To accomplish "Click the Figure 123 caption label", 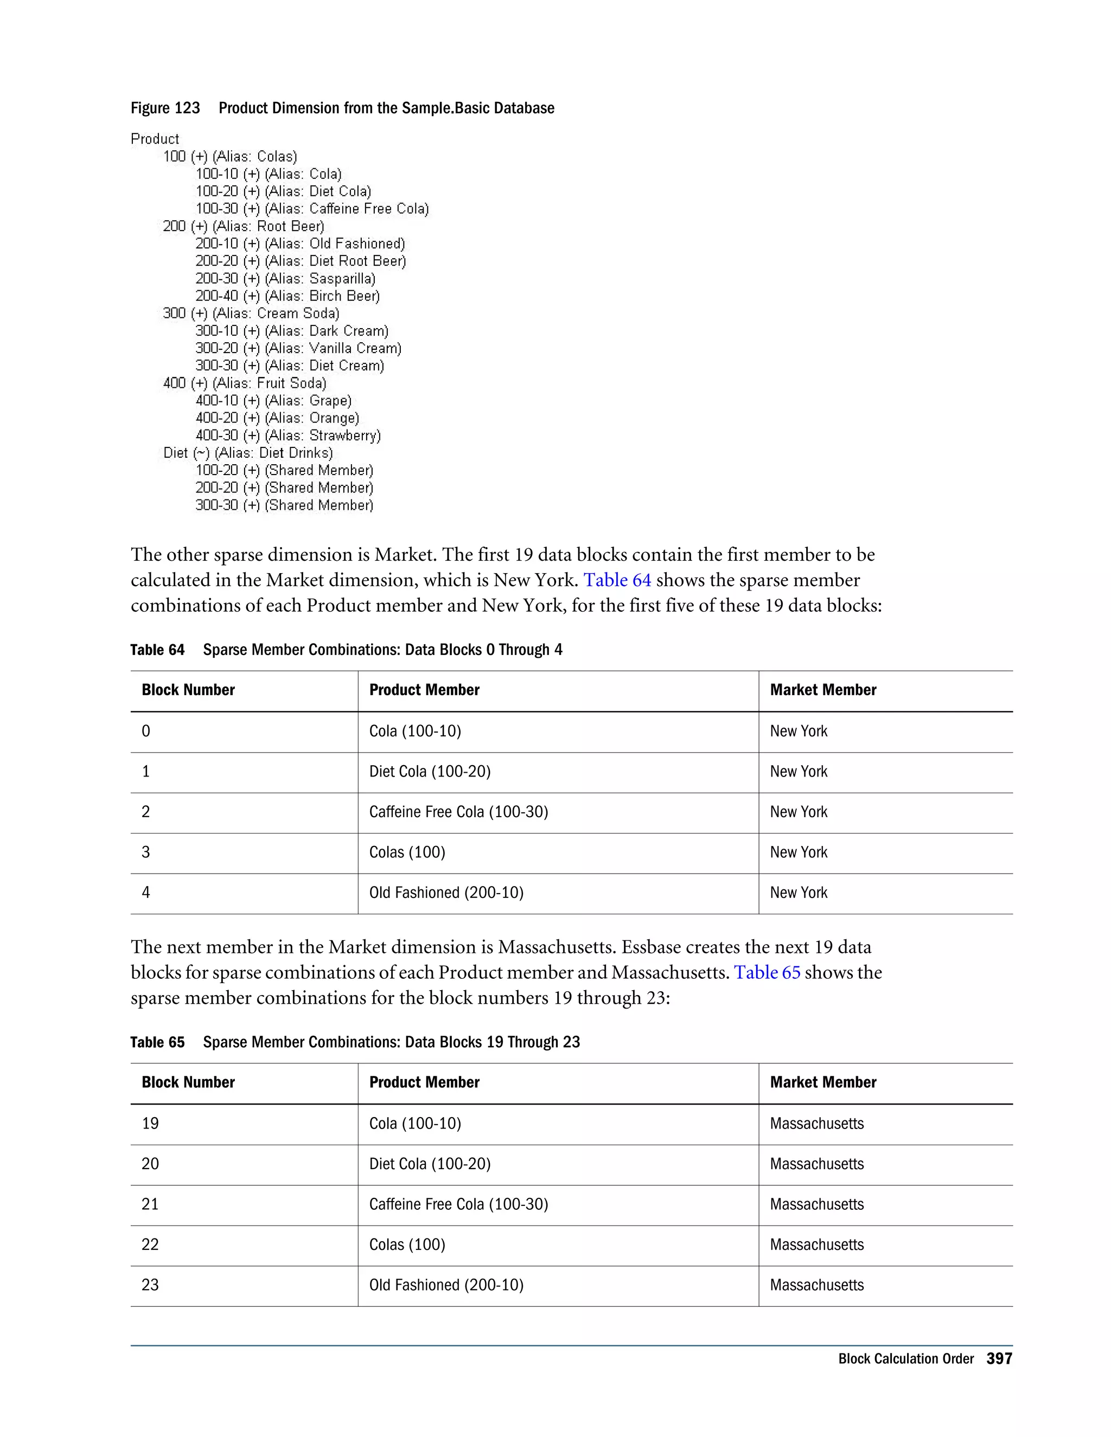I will point(165,108).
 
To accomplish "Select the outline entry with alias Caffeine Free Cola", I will point(312,209).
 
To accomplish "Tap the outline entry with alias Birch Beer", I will point(288,296).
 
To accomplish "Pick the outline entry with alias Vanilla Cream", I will point(298,348).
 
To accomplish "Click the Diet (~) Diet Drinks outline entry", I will point(248,453).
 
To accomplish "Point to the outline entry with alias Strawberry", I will point(288,435).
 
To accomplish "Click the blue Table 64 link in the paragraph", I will point(617,580).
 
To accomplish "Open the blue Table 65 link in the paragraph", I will point(767,972).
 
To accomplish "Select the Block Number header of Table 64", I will point(188,690).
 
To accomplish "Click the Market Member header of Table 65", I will point(823,1082).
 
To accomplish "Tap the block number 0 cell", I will point(146,731).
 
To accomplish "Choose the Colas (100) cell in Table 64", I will point(407,852).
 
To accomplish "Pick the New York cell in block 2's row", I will point(799,812).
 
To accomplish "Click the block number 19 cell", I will point(150,1123).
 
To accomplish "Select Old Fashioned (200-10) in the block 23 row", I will point(446,1285).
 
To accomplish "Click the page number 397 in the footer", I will point(999,1359).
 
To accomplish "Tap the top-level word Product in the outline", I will point(155,139).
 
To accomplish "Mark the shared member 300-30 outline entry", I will point(284,505).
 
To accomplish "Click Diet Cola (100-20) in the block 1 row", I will point(430,771).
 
